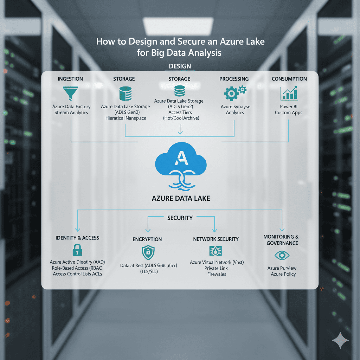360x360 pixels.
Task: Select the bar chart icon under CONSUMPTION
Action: tap(289, 93)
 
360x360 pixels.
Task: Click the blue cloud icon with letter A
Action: tap(180, 161)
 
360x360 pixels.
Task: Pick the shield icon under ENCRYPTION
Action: tap(147, 252)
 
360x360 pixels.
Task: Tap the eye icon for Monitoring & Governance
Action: tap(282, 256)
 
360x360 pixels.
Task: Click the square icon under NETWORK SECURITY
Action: tap(215, 251)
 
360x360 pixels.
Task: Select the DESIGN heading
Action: tap(180, 66)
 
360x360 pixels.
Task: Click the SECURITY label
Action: tap(180, 218)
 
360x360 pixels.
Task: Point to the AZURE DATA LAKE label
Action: tap(181, 198)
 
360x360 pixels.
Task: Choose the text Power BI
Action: tap(289, 107)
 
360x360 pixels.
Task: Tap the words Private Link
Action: tap(217, 268)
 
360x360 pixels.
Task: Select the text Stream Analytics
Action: tap(71, 112)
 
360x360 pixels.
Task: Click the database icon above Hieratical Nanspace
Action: tap(125, 94)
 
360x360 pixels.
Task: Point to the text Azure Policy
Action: tap(283, 274)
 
